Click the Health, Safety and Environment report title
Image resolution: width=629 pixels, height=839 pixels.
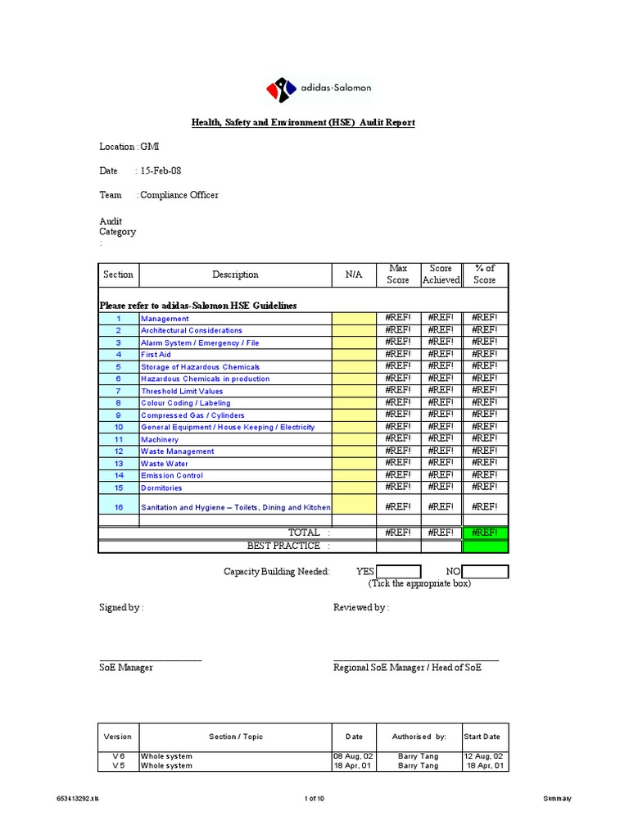click(303, 122)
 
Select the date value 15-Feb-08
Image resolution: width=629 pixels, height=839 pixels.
click(161, 170)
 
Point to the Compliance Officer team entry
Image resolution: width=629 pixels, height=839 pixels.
click(179, 195)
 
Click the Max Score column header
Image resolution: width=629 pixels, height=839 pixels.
click(398, 274)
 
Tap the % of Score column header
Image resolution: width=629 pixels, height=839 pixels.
click(485, 274)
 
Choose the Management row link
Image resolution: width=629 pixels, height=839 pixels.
click(165, 319)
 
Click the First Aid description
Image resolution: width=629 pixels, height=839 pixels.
click(156, 355)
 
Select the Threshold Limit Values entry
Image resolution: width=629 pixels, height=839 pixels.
click(182, 391)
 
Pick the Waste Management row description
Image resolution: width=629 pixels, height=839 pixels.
click(178, 451)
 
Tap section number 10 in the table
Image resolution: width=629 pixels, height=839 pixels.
click(118, 427)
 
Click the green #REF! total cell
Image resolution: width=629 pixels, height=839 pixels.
click(485, 533)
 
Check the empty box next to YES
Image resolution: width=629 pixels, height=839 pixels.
click(398, 571)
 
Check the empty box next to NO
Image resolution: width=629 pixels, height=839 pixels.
click(485, 571)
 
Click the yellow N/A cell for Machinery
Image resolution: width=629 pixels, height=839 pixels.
click(354, 439)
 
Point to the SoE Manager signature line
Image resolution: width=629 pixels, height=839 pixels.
click(151, 660)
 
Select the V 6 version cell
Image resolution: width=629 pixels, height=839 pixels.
click(118, 756)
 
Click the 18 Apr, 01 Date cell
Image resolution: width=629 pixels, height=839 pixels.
click(354, 766)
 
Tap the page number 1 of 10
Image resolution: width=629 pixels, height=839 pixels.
click(314, 798)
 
